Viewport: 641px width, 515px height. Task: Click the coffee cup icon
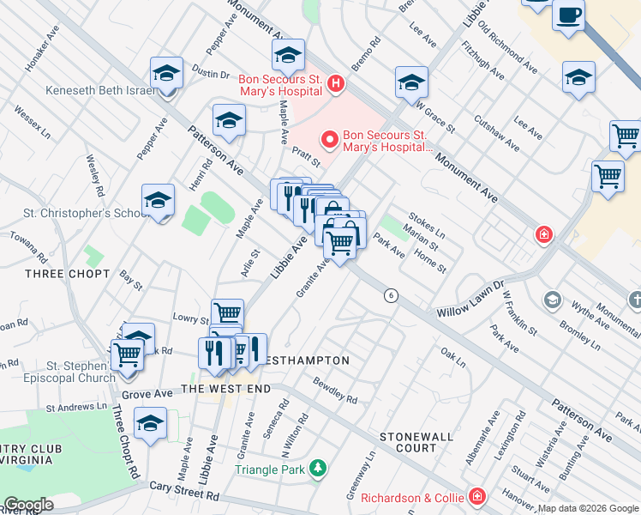click(x=569, y=15)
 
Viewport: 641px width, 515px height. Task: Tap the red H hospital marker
click(x=336, y=83)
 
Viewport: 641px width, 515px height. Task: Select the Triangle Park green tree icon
click(x=318, y=469)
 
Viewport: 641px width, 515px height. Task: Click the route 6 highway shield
click(x=391, y=295)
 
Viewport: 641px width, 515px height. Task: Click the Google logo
click(x=28, y=505)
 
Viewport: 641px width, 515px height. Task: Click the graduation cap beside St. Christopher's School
click(x=158, y=201)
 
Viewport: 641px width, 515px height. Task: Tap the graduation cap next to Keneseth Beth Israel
click(x=166, y=73)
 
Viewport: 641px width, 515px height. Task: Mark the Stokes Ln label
click(x=427, y=227)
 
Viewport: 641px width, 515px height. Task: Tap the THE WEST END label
click(x=226, y=389)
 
